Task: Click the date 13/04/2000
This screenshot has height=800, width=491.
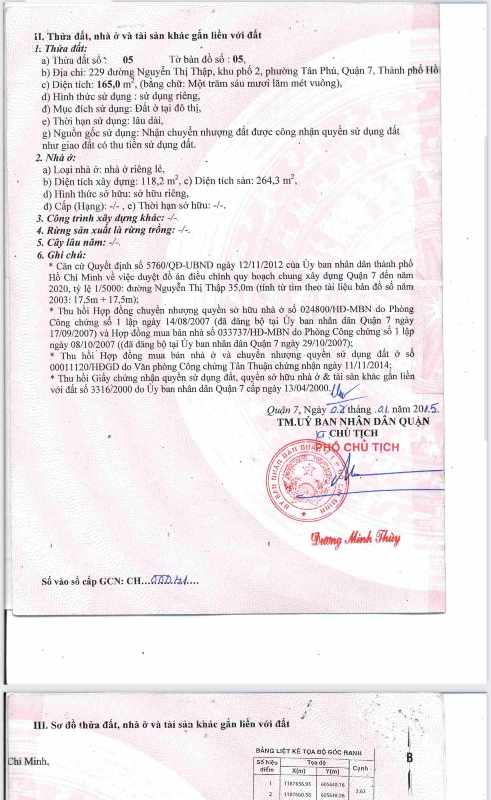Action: tap(308, 389)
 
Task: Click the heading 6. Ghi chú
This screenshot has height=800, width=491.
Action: tap(61, 255)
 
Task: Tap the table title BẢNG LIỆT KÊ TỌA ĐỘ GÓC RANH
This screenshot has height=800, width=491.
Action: tap(308, 752)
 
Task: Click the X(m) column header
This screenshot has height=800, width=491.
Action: tap(300, 771)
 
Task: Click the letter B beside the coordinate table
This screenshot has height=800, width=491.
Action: tap(409, 758)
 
